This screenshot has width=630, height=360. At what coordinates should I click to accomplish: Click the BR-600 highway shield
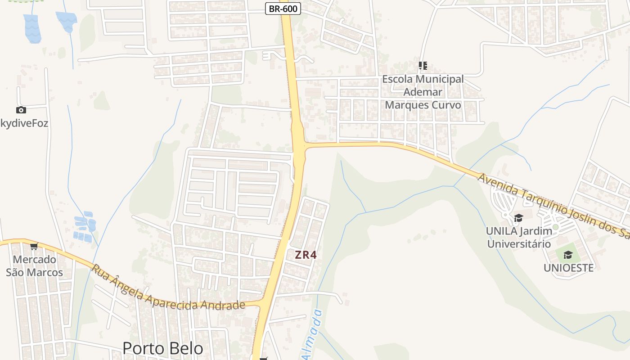[283, 8]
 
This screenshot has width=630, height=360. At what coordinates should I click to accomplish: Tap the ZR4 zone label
[306, 255]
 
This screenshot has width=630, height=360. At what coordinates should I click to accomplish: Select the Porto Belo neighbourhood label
[163, 348]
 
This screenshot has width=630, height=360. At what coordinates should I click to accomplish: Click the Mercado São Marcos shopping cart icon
[34, 246]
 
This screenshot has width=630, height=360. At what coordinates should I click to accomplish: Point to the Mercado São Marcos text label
[35, 266]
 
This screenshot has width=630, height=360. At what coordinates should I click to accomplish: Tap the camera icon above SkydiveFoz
[21, 110]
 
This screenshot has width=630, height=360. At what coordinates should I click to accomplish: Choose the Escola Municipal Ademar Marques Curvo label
[423, 92]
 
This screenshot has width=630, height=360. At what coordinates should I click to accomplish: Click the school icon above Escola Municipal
[423, 66]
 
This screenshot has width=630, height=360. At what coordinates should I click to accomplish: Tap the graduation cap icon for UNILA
[518, 218]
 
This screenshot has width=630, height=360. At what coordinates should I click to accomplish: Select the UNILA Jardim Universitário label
[519, 238]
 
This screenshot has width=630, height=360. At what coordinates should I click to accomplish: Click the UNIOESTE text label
[568, 268]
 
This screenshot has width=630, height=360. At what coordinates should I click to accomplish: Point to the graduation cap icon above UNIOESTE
[568, 255]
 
